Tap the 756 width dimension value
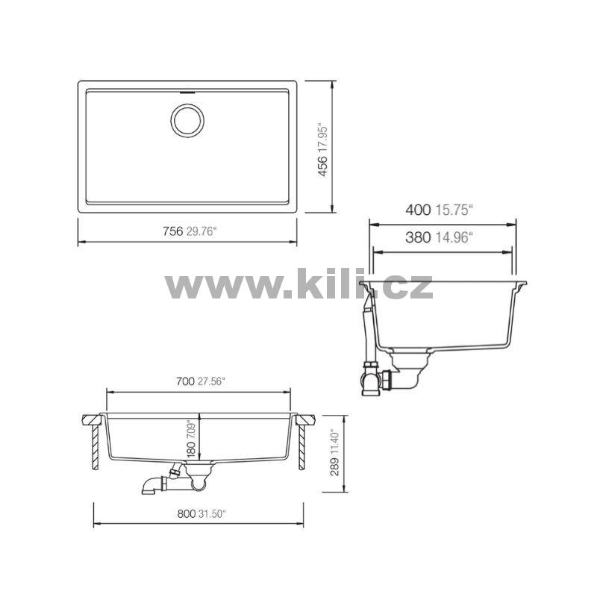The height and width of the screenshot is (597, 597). click(173, 231)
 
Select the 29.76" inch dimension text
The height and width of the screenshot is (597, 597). click(201, 231)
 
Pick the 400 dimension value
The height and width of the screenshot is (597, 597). click(418, 210)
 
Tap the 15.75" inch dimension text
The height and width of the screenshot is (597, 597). click(454, 210)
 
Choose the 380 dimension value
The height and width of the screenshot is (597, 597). click(418, 237)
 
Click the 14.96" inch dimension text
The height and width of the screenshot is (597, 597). click(454, 237)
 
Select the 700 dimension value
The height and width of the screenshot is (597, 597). click(185, 381)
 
